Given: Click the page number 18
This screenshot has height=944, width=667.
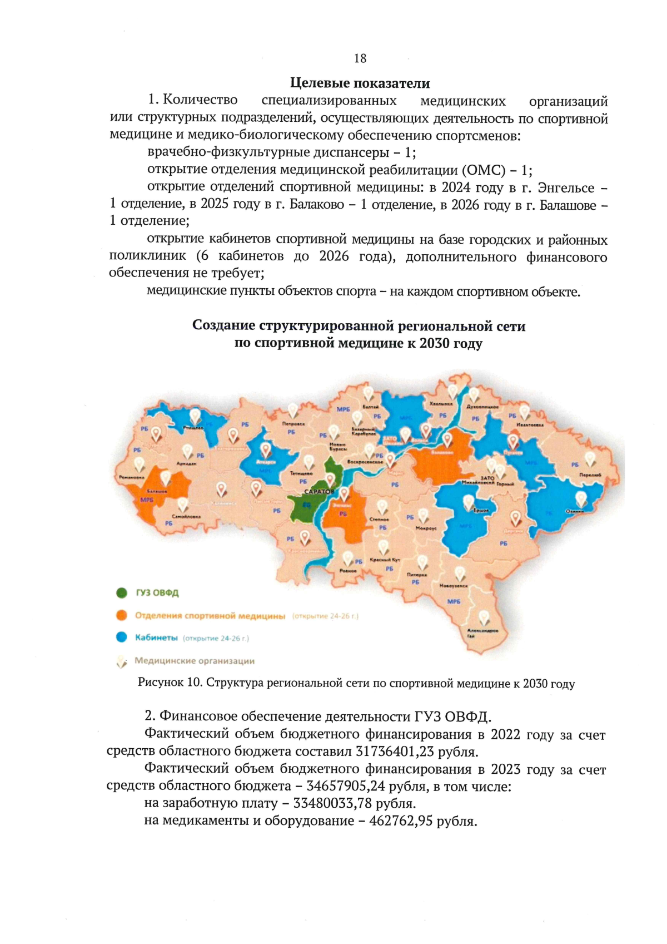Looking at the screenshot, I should (x=360, y=58).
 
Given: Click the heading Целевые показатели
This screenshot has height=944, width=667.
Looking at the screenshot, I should (x=360, y=83).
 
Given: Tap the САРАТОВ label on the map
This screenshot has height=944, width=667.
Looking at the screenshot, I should (x=319, y=492).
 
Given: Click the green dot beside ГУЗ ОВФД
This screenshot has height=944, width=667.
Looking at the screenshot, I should (x=122, y=592).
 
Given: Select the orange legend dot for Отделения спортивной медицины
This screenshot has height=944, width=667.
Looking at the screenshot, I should (x=122, y=615).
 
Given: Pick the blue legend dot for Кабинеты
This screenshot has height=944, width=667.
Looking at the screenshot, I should (x=122, y=637).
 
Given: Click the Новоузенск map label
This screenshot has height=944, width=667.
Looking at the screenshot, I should (x=454, y=586).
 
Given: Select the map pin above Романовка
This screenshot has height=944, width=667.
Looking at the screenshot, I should (x=139, y=464).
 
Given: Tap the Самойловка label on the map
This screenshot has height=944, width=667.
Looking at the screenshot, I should (x=186, y=516).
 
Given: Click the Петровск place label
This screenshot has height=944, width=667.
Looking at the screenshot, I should (x=293, y=424).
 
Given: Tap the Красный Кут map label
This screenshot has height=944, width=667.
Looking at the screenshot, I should (x=385, y=560).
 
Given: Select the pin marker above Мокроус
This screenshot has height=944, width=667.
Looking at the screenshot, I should (x=424, y=516).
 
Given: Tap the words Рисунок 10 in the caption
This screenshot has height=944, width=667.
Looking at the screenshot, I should (x=169, y=683).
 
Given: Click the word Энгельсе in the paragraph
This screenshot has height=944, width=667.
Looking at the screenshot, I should (x=566, y=188).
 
